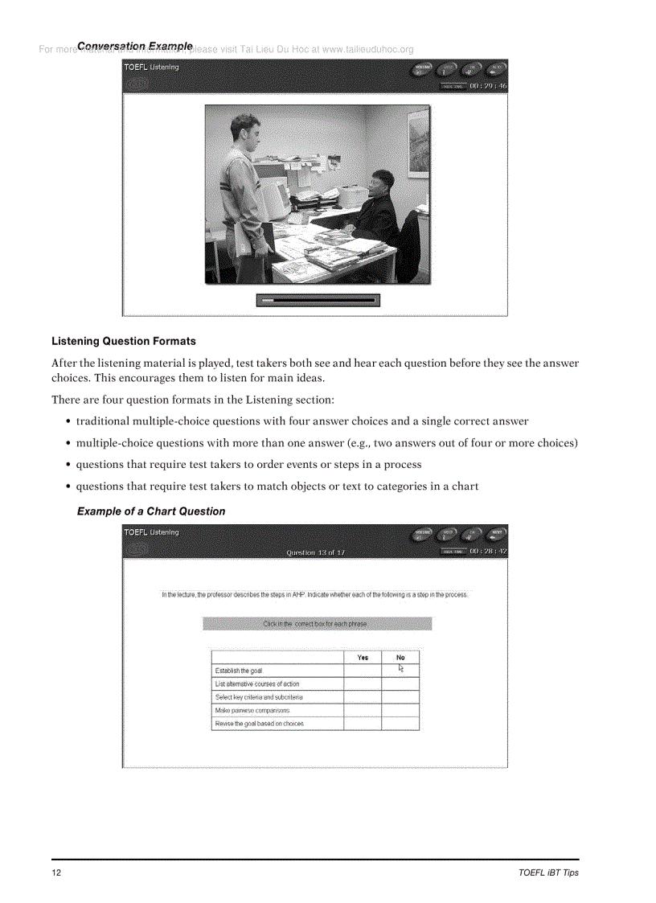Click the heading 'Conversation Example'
[135, 47]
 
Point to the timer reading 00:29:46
[488, 85]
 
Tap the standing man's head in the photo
[244, 129]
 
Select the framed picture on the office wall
[418, 142]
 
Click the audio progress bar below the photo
[318, 300]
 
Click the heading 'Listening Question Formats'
[123, 341]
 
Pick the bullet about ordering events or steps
[248, 464]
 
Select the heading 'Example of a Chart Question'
[151, 511]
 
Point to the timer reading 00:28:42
[488, 551]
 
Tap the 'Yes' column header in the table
[363, 657]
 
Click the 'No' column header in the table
[400, 657]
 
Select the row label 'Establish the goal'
[239, 671]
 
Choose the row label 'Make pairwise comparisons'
[252, 711]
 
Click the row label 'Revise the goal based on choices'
[259, 724]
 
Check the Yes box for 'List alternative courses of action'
[363, 684]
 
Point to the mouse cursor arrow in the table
[401, 667]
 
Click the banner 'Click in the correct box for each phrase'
[317, 624]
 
